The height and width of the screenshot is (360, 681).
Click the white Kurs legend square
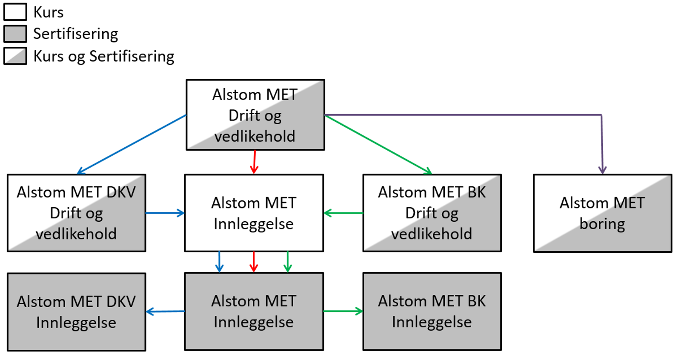point(15,12)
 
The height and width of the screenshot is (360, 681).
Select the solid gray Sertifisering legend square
point(15,34)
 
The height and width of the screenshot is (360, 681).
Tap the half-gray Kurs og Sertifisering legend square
point(15,56)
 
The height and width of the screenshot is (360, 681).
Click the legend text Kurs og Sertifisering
point(103,56)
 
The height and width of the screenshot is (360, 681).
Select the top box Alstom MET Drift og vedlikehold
point(255,115)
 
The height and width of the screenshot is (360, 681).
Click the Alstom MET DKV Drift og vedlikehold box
point(76,213)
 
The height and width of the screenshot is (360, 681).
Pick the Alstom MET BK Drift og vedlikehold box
point(432,213)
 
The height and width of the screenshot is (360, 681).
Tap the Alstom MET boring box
point(602,213)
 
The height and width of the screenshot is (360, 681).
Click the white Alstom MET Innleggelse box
point(254,213)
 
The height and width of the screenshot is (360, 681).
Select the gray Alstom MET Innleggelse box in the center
point(254,311)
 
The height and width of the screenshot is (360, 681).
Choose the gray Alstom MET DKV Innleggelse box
point(76,311)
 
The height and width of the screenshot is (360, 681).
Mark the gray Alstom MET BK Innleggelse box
point(432,311)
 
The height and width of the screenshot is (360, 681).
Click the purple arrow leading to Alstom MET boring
point(468,115)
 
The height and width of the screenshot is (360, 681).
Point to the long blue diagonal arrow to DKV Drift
point(132,144)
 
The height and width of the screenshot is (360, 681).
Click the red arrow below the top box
point(254,162)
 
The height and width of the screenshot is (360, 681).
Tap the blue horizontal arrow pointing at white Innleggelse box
point(165,213)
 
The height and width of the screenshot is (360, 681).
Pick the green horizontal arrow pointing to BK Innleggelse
point(343,311)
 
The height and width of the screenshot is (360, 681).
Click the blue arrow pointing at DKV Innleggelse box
point(166,311)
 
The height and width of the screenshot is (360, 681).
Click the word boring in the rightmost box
point(602,224)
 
